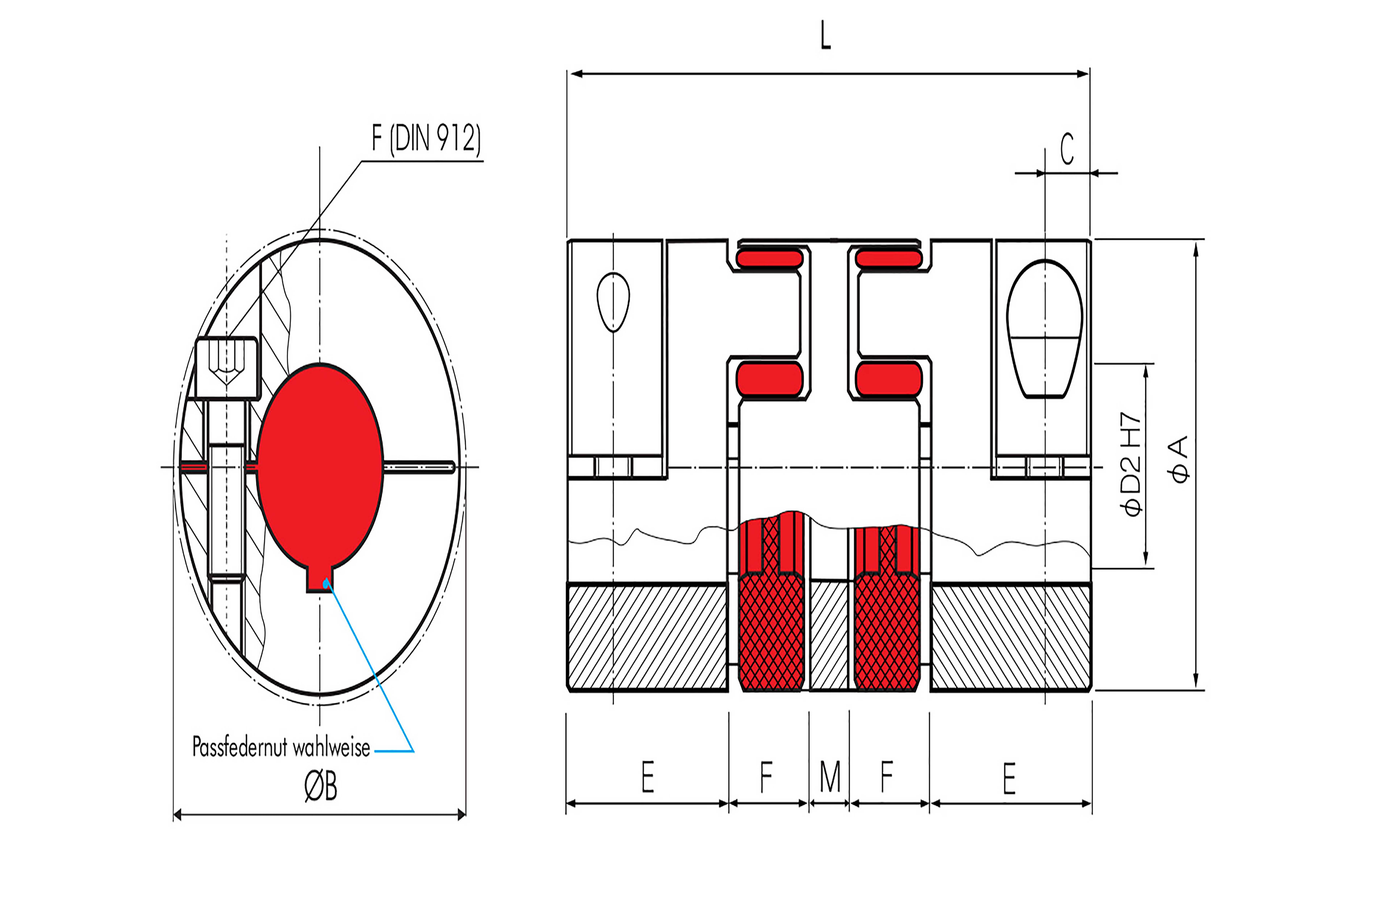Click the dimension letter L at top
(825, 35)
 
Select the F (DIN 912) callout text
(426, 138)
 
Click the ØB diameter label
(321, 786)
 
